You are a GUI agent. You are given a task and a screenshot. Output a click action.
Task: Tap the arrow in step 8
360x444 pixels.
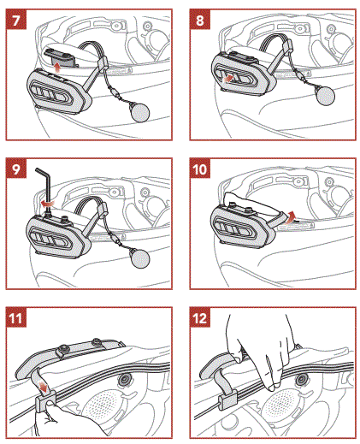coord(229,77)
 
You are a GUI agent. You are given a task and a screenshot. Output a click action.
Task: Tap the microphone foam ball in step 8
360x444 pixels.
coord(325,97)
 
